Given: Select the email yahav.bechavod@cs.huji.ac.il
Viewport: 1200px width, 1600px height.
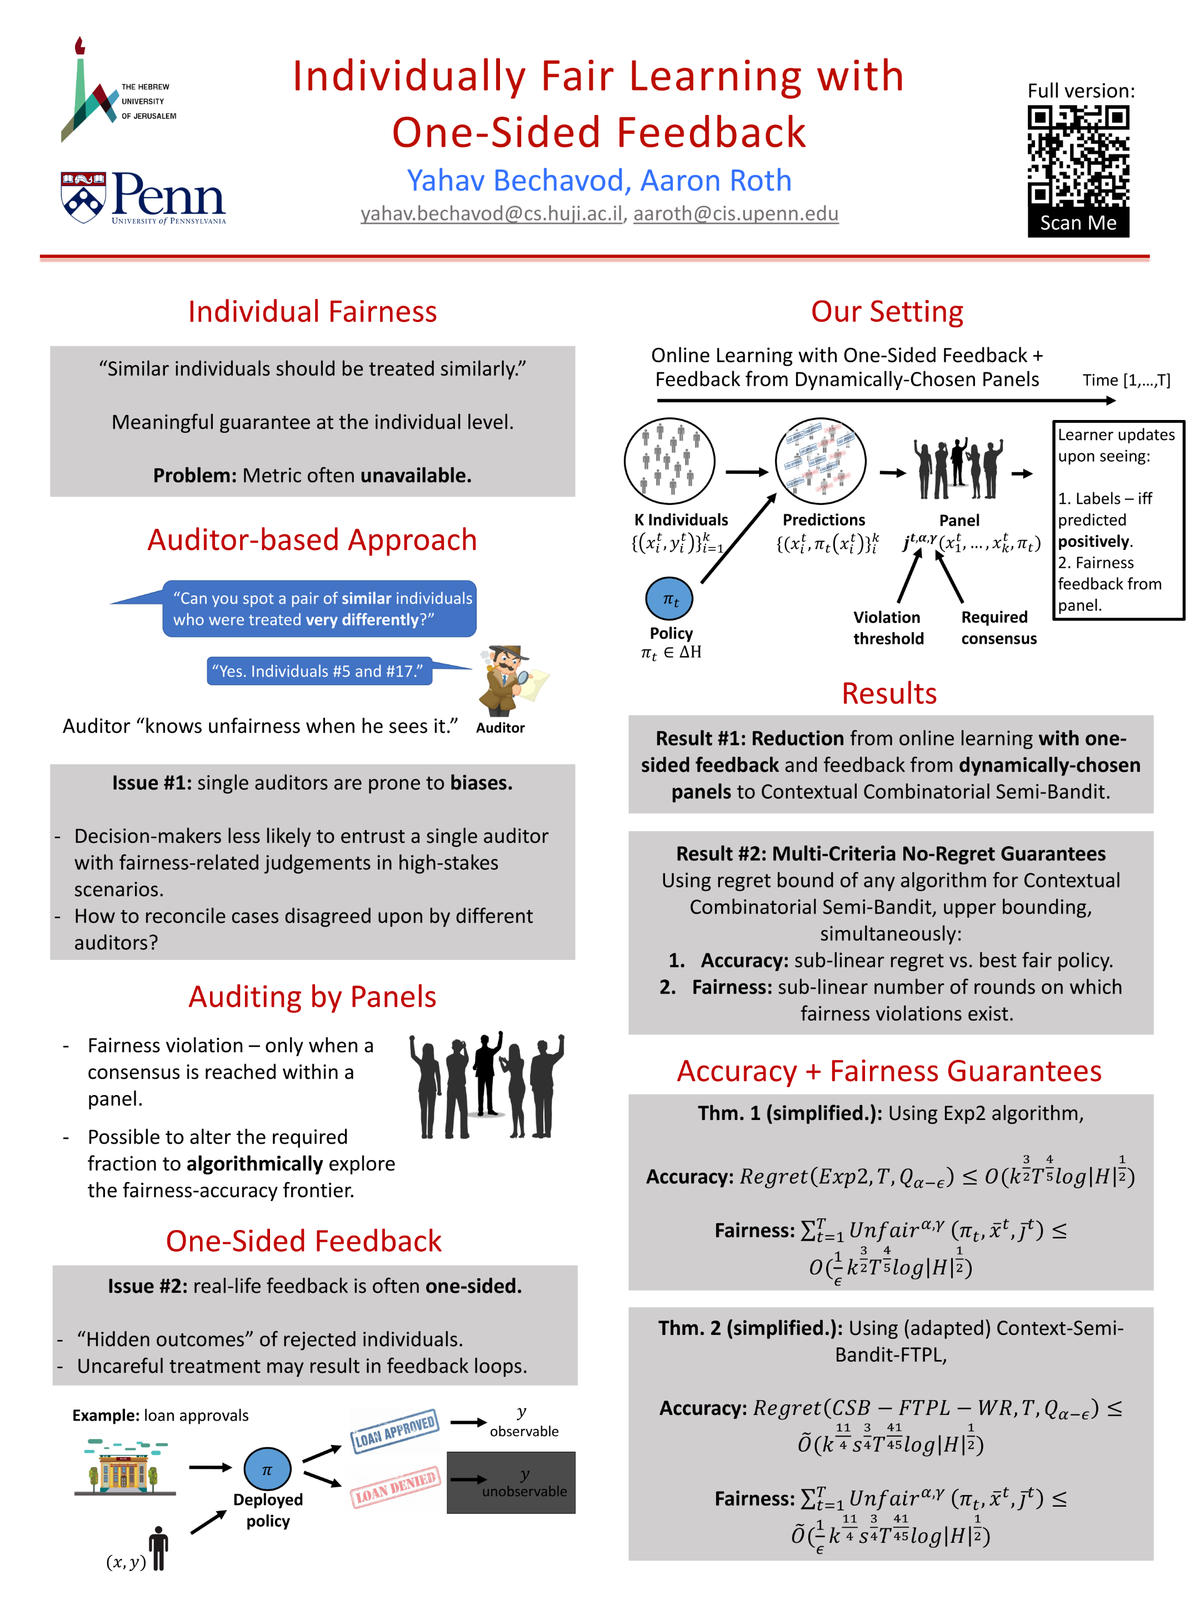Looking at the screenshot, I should [491, 214].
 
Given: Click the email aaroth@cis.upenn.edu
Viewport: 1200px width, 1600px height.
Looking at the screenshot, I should [736, 214].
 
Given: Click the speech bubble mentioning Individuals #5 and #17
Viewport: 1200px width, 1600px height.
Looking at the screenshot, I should [319, 671].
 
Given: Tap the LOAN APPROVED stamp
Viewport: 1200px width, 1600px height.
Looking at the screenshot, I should [394, 1430].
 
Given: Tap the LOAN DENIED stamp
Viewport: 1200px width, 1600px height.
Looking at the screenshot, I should [395, 1487].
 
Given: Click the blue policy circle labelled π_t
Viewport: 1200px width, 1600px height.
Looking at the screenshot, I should [668, 599].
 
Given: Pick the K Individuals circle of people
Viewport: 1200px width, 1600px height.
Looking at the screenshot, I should [669, 461].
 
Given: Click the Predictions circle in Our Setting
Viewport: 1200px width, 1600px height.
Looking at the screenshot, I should [820, 461].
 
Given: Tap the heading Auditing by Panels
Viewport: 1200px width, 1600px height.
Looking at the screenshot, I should [312, 997].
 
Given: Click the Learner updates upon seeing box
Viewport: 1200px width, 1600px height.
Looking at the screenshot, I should [1118, 519].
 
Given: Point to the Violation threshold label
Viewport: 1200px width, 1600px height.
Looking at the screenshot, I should [888, 628].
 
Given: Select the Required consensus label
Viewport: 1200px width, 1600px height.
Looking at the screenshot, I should [998, 628].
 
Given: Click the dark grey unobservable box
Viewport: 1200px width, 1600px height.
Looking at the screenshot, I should [511, 1482].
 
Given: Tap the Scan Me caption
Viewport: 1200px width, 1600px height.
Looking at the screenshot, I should [1078, 223].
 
